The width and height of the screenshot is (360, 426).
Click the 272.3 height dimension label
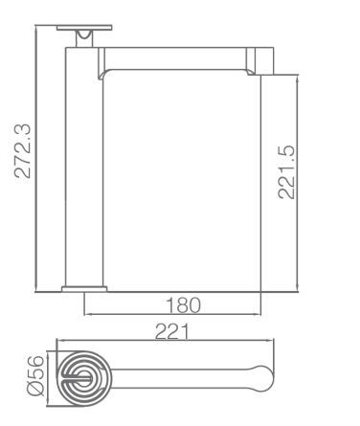coord(23,150)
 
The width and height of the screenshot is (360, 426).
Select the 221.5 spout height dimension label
coord(286,172)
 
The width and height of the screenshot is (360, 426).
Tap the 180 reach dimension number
coord(183,305)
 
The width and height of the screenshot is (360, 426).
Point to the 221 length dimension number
coord(172,331)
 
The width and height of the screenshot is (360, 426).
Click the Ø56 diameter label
coord(35,375)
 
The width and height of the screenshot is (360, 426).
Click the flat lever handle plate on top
coord(84,28)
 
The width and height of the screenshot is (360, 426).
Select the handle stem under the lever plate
coord(84,39)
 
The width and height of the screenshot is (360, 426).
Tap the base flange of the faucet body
coord(84,289)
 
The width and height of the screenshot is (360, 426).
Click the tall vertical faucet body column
coord(84,167)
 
